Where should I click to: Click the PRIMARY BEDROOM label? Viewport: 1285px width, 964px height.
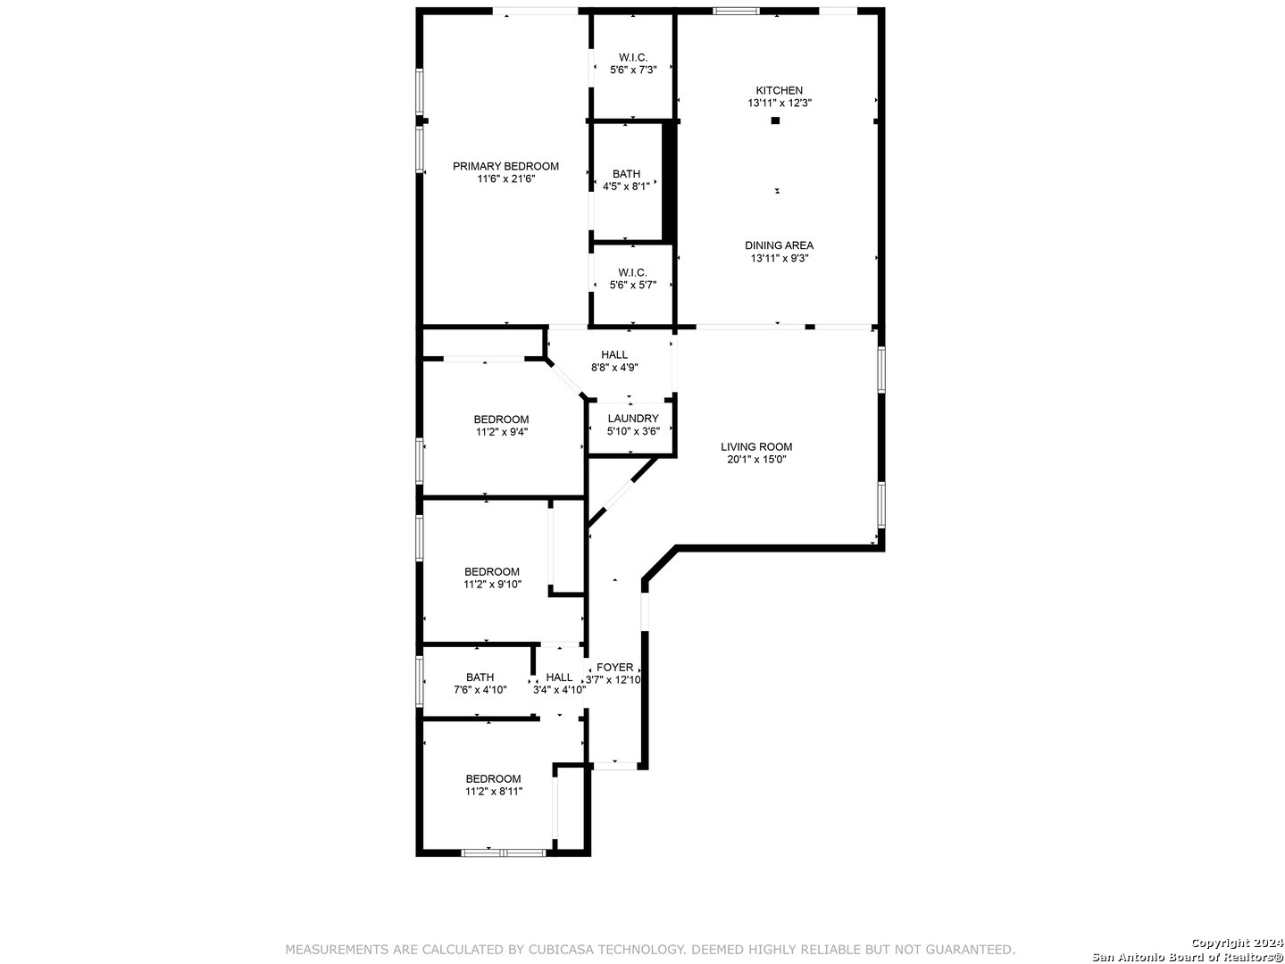pyautogui.click(x=505, y=166)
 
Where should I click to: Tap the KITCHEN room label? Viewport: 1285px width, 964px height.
pyautogui.click(x=779, y=90)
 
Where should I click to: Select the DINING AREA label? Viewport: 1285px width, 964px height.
pyautogui.click(x=779, y=245)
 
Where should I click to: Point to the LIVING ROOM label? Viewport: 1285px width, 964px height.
pyautogui.click(x=756, y=446)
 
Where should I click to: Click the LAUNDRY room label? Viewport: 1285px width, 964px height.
pyautogui.click(x=633, y=419)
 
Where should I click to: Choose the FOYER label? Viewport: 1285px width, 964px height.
pyautogui.click(x=614, y=667)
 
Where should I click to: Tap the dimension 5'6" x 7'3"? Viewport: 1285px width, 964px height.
pyautogui.click(x=633, y=70)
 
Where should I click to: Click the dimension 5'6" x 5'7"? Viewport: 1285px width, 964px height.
pyautogui.click(x=632, y=285)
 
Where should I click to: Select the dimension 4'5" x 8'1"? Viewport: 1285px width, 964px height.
pyautogui.click(x=626, y=186)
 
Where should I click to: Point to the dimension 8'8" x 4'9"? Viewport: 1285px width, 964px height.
pyautogui.click(x=614, y=368)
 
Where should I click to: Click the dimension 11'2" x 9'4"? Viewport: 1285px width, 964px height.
pyautogui.click(x=502, y=432)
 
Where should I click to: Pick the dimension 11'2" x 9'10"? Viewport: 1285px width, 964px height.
pyautogui.click(x=492, y=584)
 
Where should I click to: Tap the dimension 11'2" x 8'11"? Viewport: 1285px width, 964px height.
pyautogui.click(x=494, y=791)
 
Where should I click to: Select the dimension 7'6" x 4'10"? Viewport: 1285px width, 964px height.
pyautogui.click(x=480, y=690)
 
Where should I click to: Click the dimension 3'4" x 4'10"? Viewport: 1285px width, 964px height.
pyautogui.click(x=559, y=690)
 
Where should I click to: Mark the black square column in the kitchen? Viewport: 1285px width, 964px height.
pyautogui.click(x=775, y=120)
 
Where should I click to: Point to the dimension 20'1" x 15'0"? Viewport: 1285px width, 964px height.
pyautogui.click(x=756, y=459)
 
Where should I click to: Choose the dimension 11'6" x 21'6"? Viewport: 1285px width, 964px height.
pyautogui.click(x=505, y=179)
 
